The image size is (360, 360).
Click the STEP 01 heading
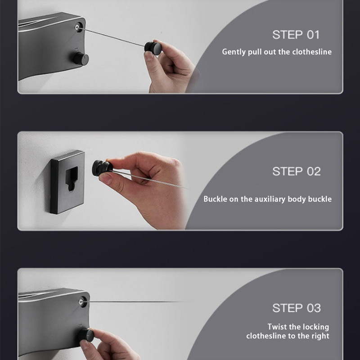(296, 35)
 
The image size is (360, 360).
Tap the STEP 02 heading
(297, 171)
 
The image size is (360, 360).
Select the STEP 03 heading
(297, 308)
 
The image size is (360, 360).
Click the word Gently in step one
(234, 52)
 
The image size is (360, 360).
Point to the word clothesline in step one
(312, 52)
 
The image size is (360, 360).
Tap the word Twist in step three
(277, 327)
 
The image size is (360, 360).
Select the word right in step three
(320, 336)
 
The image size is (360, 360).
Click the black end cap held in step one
(153, 48)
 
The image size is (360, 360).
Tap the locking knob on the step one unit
(81, 59)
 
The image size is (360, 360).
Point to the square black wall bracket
(67, 182)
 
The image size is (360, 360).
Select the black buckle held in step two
(102, 168)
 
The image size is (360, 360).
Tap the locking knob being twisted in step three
(85, 335)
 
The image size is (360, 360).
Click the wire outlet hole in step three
(82, 301)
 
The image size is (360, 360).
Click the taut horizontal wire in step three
(138, 301)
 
